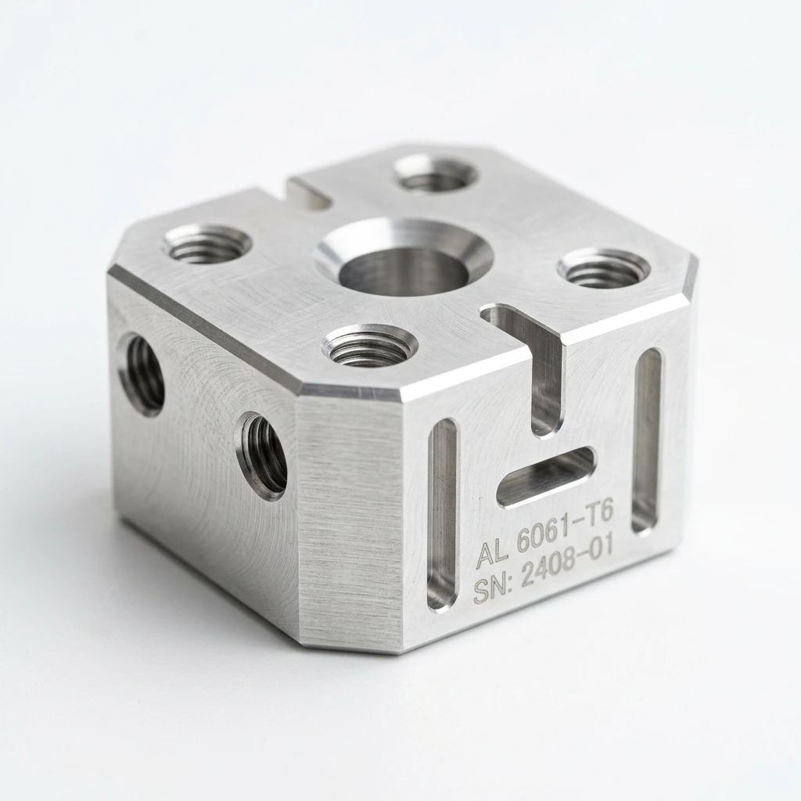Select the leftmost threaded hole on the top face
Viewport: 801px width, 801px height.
point(207,244)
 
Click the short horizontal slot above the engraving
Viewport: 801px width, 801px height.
point(545,476)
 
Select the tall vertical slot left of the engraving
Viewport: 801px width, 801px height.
point(443,513)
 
